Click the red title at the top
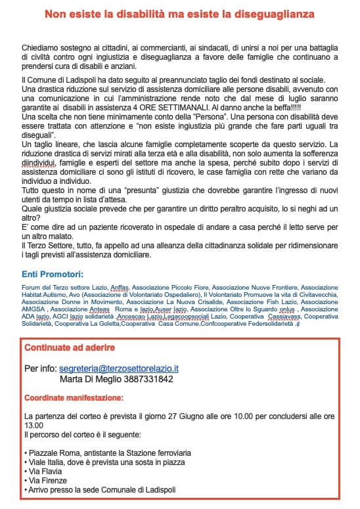tap(179, 13)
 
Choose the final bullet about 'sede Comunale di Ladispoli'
tap(100, 490)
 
